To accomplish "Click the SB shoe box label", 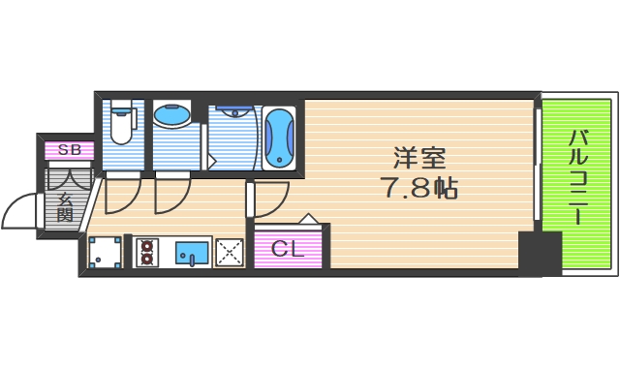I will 69,150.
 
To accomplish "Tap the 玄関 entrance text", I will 67,205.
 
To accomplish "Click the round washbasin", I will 172,115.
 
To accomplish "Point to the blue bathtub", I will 278,137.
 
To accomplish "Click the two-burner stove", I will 147,252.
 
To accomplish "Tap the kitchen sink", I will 192,252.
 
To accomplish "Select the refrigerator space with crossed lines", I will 229,252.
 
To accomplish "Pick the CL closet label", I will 287,248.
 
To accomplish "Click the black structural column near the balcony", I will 539,254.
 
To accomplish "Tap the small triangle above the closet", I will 307,218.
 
